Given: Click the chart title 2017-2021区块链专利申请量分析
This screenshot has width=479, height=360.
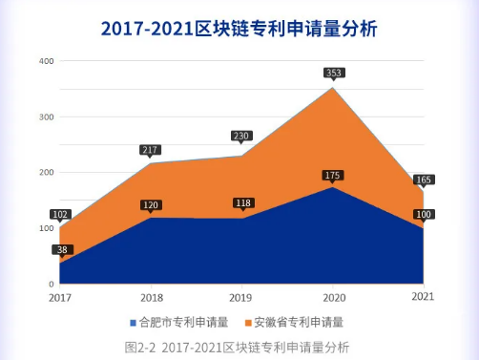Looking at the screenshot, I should coord(239,28).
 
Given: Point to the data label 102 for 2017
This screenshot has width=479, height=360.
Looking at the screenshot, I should coord(59,215).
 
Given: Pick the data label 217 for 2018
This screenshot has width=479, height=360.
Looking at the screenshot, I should coord(150,150).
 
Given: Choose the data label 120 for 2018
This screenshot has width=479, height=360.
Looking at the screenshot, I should coord(150,204).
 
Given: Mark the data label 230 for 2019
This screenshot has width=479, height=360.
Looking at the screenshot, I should coord(241,136).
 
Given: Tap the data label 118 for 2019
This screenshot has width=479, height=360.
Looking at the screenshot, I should coord(242,202).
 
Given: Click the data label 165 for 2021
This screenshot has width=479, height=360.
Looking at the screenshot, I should coord(423,179).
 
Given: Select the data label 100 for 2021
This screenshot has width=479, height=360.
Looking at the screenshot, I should coord(423,215).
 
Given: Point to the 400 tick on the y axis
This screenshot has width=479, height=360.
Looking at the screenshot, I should coord(45,61).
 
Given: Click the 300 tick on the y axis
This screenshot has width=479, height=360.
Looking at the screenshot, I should coord(45,116).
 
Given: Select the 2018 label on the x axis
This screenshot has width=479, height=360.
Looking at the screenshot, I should coord(150,297).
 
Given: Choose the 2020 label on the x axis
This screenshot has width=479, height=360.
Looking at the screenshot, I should coord(333,297).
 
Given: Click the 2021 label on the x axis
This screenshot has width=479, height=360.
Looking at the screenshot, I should coord(424,297).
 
